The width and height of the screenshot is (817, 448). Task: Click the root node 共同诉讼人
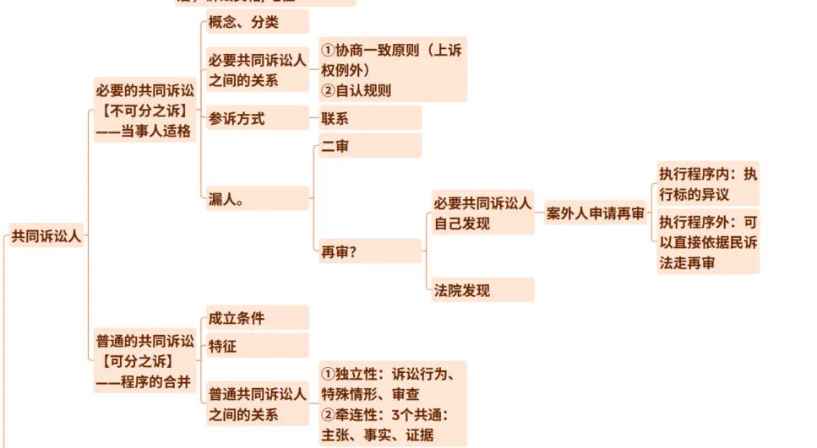[x=46, y=236]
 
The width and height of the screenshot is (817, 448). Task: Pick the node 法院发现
[x=482, y=290]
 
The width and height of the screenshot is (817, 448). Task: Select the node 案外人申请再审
[x=595, y=213]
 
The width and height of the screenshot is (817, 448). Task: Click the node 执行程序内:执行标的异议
[x=708, y=184]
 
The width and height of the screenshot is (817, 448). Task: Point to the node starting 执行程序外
[x=708, y=242]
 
